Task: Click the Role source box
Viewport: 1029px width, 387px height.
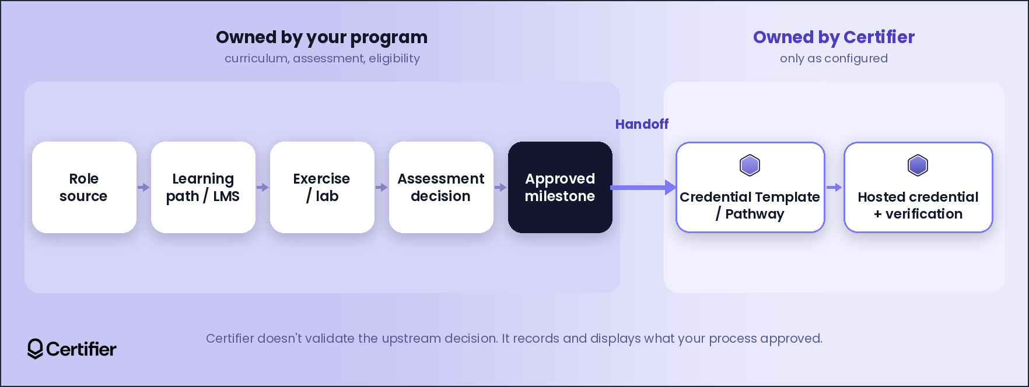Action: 84,187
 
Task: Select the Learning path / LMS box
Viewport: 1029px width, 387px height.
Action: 203,187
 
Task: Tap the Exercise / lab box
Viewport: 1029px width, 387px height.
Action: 322,187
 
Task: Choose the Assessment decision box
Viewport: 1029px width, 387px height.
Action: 441,187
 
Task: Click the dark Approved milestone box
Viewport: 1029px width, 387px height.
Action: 560,187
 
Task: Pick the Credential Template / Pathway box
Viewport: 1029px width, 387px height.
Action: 750,187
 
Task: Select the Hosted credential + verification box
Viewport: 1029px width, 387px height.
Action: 918,187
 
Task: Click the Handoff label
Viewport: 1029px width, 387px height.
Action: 642,124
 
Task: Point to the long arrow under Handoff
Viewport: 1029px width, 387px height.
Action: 643,188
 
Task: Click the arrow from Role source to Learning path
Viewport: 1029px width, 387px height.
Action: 143,188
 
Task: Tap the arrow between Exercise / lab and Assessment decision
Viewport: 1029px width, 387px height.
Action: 381,188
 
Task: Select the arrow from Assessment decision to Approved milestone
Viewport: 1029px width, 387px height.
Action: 501,188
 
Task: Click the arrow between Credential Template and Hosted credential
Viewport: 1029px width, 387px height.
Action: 835,188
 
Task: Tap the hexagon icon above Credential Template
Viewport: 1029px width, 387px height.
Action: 750,166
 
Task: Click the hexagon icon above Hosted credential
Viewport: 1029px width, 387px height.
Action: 918,166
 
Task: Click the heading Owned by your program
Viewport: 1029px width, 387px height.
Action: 322,37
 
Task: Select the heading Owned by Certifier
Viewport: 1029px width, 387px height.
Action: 834,37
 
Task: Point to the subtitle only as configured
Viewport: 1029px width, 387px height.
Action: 834,58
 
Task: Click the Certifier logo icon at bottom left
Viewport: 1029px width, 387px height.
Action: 35,349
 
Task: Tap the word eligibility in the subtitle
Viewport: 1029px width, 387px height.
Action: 394,58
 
